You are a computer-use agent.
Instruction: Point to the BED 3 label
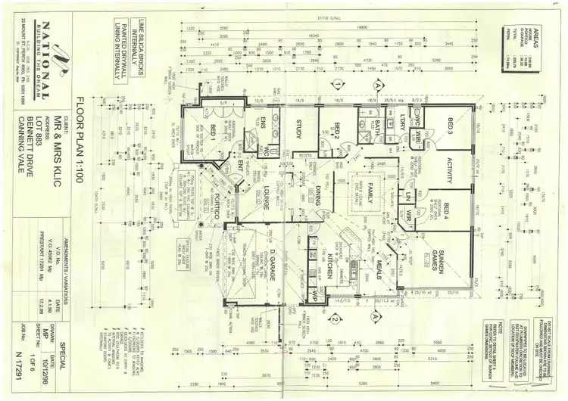pos(448,126)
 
